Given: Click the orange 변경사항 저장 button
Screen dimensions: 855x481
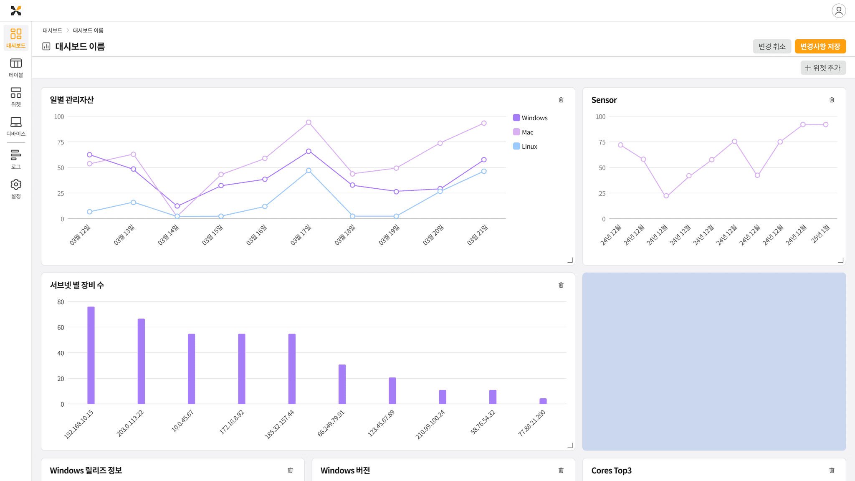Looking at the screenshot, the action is coord(820,46).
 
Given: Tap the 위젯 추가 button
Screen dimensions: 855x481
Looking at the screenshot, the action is coord(823,68).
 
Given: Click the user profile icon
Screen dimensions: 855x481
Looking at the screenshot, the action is coord(839,10).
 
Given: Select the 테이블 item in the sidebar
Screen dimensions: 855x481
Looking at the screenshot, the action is coord(16,68).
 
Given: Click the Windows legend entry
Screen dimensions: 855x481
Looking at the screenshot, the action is coord(530,118).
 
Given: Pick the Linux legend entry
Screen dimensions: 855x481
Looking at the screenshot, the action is coord(525,146).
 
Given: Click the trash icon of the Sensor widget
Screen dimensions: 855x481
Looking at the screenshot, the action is coord(832,100).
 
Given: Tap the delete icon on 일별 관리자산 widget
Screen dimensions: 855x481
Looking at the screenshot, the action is coord(561,100).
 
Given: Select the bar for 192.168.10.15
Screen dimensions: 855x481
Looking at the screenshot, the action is coord(91,355).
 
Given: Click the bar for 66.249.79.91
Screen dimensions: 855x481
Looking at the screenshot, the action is coord(342,384).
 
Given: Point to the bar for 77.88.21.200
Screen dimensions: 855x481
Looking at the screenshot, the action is coord(543,401).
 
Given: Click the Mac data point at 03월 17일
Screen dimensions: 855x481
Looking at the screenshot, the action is coord(309,122).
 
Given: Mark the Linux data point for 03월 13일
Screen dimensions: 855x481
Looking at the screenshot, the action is coord(133,203).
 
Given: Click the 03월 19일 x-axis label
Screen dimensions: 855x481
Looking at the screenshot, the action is coord(389,235).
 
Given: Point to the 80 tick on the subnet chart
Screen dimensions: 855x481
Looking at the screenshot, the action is coord(61,302).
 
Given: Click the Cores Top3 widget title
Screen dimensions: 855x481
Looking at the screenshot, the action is coord(611,471).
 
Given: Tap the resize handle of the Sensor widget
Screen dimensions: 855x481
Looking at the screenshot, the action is coord(841,260).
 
